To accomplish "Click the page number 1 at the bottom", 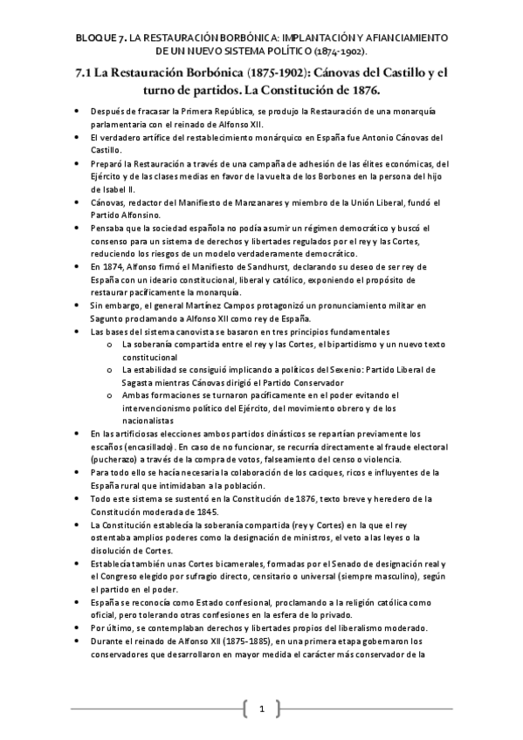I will (x=260, y=708).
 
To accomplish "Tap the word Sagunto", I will (x=110, y=319).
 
